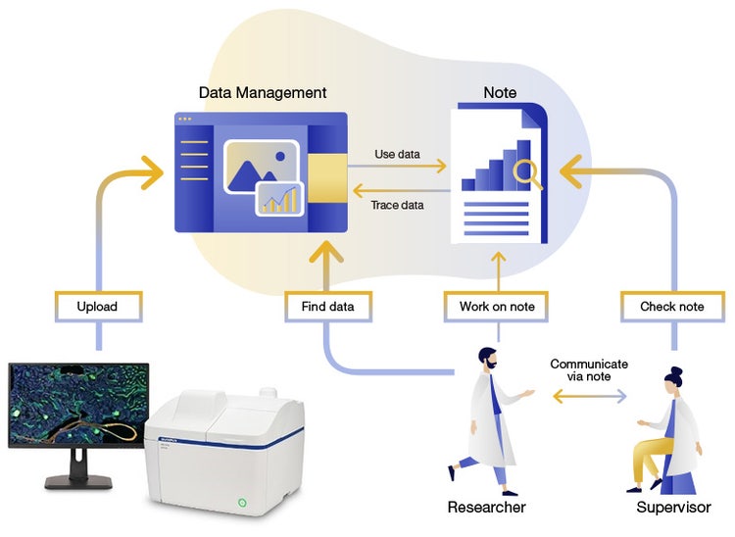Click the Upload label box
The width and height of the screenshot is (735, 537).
click(x=97, y=307)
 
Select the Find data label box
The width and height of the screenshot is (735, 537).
click(x=327, y=307)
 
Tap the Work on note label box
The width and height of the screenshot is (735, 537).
click(x=497, y=307)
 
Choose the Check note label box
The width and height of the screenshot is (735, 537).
click(x=671, y=307)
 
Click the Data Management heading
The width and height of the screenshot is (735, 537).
click(x=262, y=93)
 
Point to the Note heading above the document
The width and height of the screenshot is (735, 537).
click(x=500, y=93)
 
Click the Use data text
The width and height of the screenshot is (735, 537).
click(x=397, y=154)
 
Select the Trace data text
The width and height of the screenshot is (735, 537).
click(x=397, y=205)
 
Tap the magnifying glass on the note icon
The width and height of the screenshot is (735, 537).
click(x=526, y=172)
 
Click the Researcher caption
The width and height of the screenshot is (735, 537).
click(x=486, y=508)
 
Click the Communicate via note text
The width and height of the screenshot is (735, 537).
click(x=589, y=370)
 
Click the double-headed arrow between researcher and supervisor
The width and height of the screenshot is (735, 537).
click(x=589, y=397)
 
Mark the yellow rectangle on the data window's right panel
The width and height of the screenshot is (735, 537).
click(x=327, y=173)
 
